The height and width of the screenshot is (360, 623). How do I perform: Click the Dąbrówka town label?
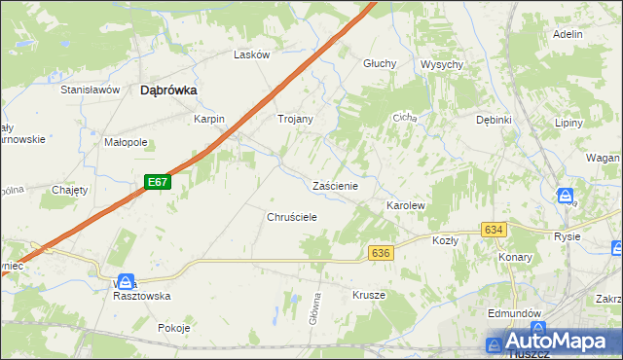coord(169,90)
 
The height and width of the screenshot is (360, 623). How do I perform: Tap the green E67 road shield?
coord(160,182)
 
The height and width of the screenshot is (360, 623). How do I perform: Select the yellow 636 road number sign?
coord(381,253)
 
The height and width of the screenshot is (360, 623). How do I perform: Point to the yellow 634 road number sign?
coord(494,230)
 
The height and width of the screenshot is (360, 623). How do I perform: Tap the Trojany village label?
coord(295,119)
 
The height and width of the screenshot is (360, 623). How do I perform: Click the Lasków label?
coord(251,55)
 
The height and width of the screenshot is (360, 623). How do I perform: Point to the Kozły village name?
coord(445,239)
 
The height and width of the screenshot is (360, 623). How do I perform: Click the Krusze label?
coord(369,295)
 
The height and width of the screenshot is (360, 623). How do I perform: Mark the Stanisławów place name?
coord(90,90)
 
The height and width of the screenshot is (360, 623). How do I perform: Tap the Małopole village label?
coord(126,142)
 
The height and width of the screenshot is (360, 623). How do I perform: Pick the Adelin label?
coord(567,34)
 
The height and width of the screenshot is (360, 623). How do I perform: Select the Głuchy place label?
coord(380,63)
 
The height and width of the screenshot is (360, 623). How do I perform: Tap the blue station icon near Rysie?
coord(566,197)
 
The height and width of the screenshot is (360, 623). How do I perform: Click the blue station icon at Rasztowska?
coord(124,281)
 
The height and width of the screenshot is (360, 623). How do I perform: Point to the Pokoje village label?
coord(173,328)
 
